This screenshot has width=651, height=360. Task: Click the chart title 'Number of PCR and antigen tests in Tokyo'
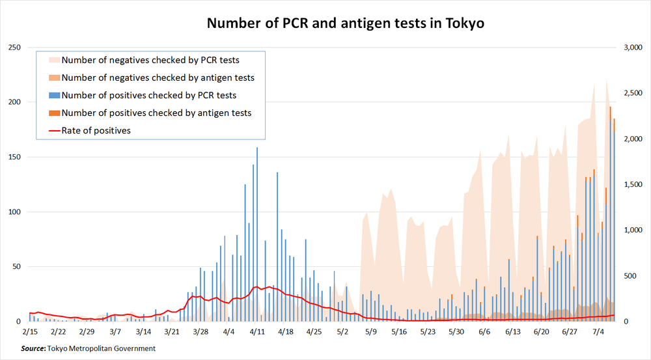click(346, 24)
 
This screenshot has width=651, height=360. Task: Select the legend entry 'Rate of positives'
click(96, 130)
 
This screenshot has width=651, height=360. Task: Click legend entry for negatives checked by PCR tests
click(150, 60)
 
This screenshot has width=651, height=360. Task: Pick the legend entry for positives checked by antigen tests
click(156, 113)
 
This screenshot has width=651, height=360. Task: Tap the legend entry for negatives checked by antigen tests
click(158, 77)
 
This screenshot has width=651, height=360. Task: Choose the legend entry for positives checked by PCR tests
click(148, 95)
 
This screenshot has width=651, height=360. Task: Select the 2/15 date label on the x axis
click(30, 331)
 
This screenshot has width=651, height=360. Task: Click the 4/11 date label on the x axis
click(257, 331)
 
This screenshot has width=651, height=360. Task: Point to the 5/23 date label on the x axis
click(428, 331)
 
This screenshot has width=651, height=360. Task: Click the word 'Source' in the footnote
click(33, 348)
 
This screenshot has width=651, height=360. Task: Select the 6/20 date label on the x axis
click(542, 331)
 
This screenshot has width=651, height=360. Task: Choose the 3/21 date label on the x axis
click(172, 331)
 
